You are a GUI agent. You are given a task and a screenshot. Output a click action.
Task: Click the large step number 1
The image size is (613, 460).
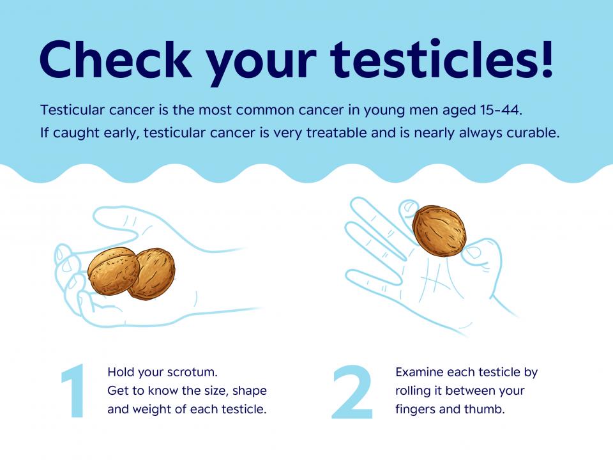pos(74,391)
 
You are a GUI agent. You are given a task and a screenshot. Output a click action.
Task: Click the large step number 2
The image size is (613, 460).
pos(352,392)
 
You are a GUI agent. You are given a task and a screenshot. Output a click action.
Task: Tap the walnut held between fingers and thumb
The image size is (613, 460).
pos(439,231)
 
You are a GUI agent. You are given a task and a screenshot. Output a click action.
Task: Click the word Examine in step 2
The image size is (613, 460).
pos(420,372)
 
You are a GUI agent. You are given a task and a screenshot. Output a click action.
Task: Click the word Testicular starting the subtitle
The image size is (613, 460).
pos(73,110)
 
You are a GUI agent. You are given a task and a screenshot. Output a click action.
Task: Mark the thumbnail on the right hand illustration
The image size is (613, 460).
pos(473,253)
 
